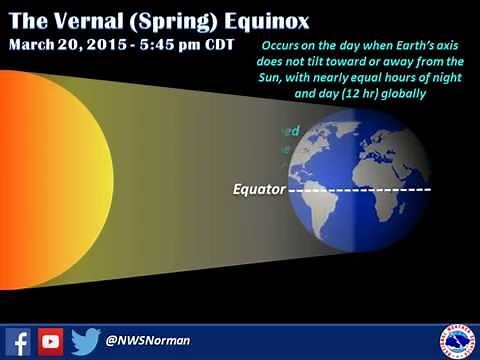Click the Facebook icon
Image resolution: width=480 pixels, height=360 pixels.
click(x=17, y=341)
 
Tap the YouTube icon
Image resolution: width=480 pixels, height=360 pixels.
click(x=51, y=341)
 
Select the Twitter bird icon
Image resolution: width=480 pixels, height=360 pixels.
click(x=86, y=341)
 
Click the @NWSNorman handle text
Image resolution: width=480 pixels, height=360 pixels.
click(x=147, y=342)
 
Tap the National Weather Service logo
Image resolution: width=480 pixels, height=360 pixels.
click(x=457, y=340)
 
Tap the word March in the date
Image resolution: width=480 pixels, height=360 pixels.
click(x=34, y=46)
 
